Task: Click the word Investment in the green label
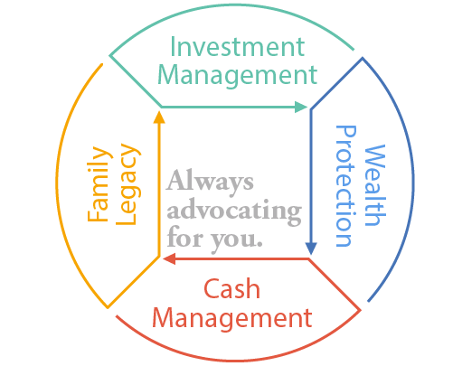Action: click(x=238, y=47)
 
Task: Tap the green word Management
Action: click(x=238, y=76)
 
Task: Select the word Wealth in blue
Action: click(x=375, y=185)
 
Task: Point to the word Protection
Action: click(x=346, y=186)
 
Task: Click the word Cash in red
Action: click(x=231, y=288)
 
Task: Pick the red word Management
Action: click(x=232, y=318)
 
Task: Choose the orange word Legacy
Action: click(x=128, y=185)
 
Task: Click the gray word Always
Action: click(x=210, y=183)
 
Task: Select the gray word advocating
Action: click(x=234, y=211)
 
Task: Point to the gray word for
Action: click(x=184, y=237)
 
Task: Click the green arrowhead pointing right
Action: click(x=300, y=107)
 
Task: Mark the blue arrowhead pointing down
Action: click(x=311, y=249)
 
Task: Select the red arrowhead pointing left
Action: click(x=169, y=258)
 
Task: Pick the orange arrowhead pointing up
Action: click(x=159, y=117)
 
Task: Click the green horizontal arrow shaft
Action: click(x=228, y=107)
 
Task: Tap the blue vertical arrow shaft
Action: click(x=311, y=176)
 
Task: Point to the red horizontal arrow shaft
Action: click(x=241, y=258)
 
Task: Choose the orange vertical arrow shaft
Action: click(x=159, y=190)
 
